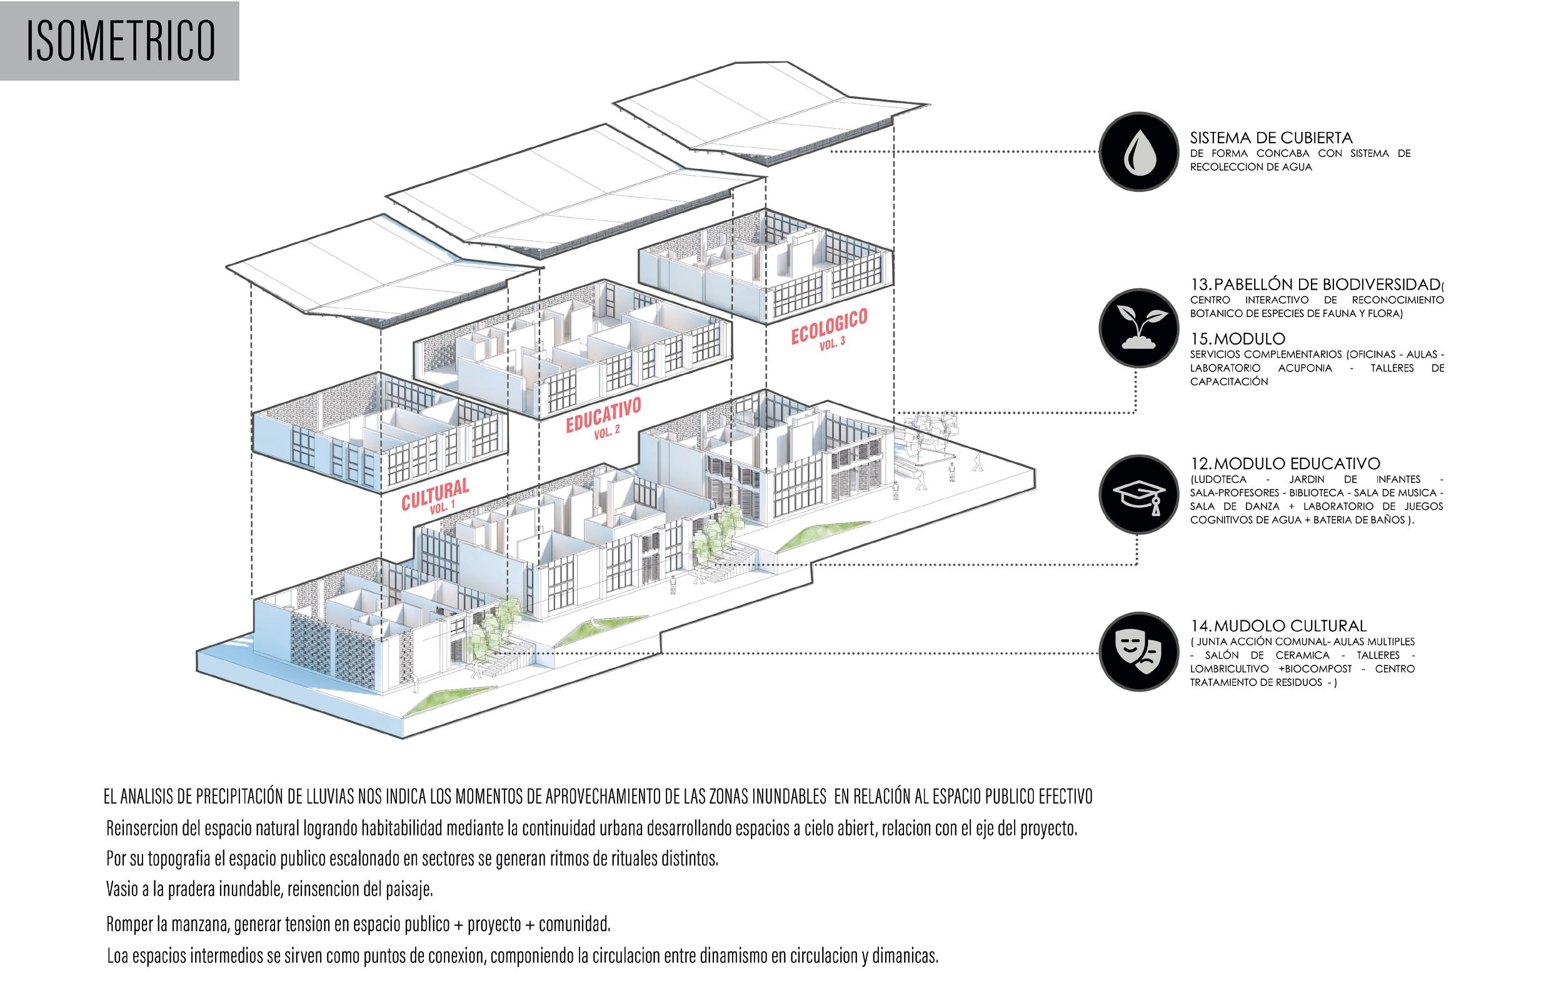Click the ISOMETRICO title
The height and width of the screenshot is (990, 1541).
[120, 41]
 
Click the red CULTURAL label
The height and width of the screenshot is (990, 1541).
[435, 493]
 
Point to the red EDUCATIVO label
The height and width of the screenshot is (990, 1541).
[603, 414]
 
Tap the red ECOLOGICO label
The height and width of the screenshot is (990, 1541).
[828, 326]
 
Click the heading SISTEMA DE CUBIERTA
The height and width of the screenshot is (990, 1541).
[1270, 138]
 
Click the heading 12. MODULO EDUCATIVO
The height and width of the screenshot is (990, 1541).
[1285, 463]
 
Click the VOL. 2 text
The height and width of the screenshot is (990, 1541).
[606, 432]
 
